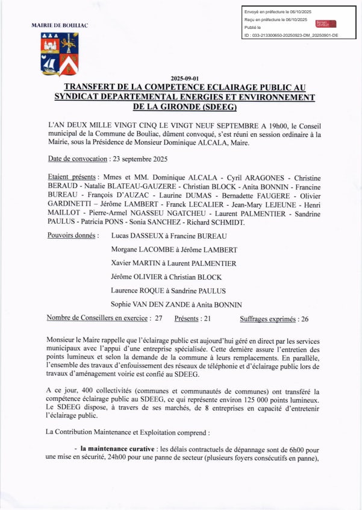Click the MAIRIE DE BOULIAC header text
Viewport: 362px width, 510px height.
59,25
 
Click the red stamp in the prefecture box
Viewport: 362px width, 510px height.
325,24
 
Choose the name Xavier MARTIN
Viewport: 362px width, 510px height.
135,263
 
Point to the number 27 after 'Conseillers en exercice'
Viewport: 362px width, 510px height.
159,319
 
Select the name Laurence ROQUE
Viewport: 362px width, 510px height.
138,291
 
